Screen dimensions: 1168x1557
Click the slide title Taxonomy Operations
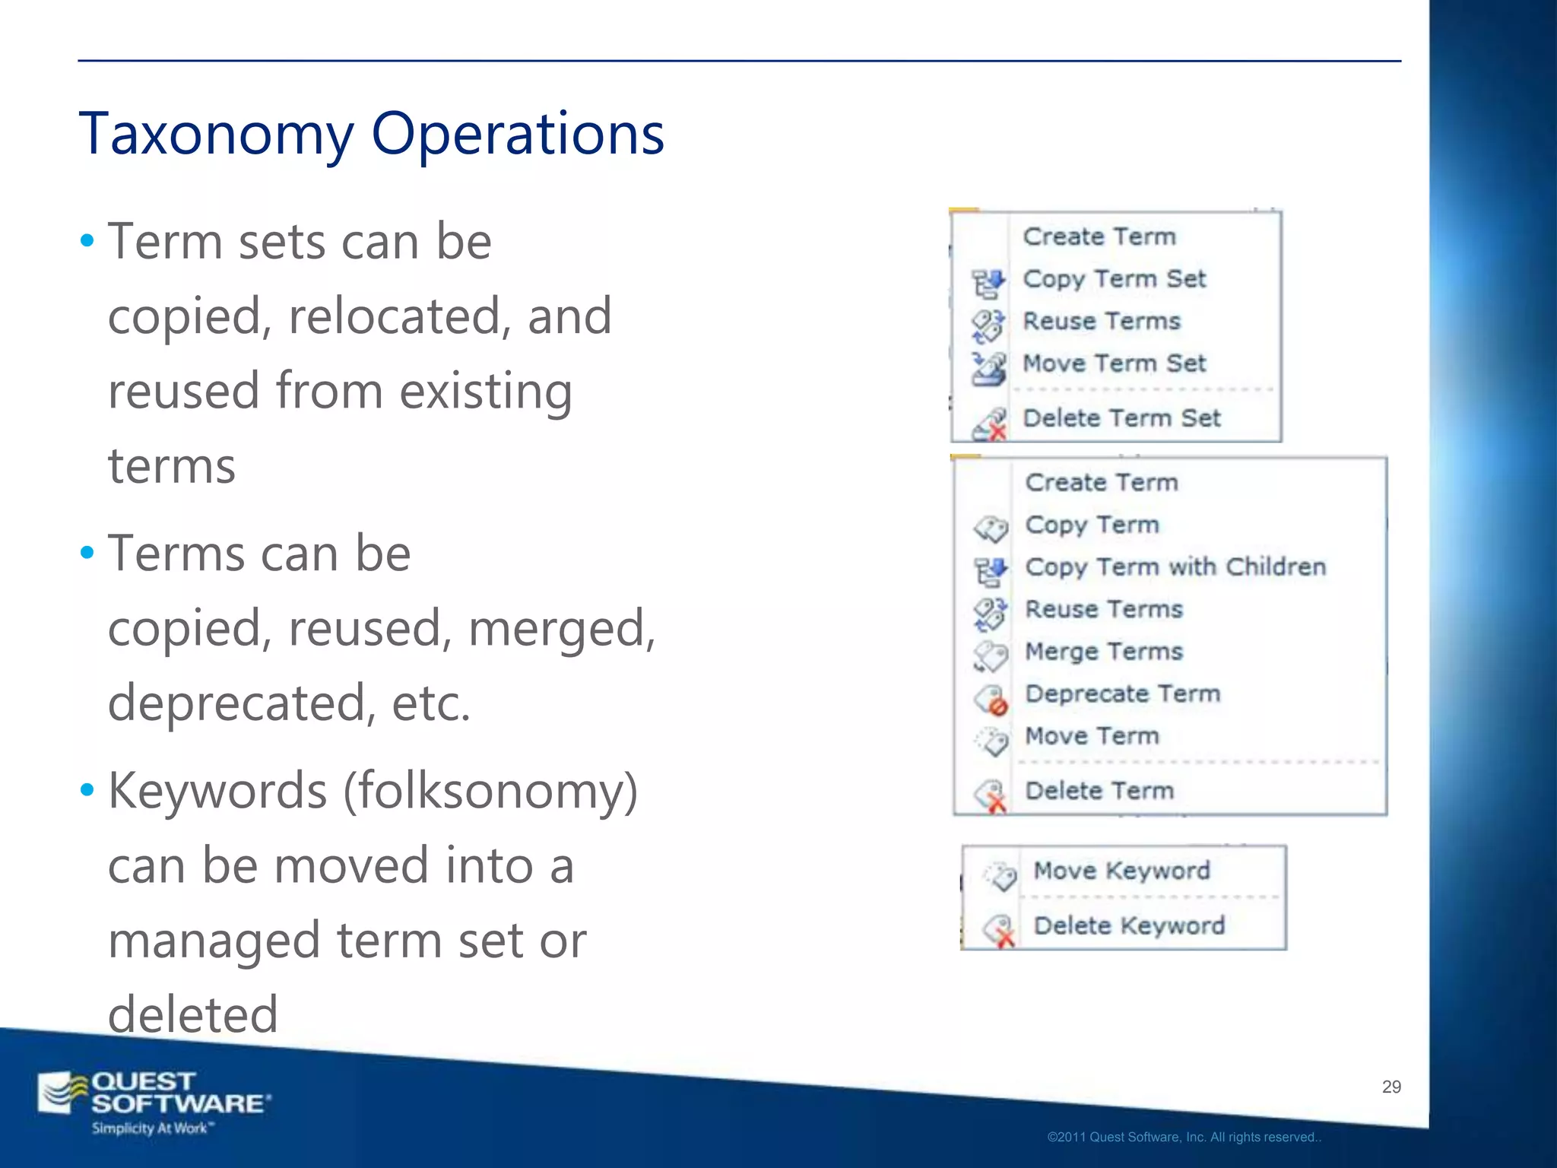(371, 134)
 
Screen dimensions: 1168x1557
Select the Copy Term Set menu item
(1114, 279)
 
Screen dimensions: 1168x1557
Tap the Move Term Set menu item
(1114, 363)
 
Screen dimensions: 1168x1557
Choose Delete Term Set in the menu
(1121, 418)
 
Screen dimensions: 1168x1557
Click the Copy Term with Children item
(1175, 567)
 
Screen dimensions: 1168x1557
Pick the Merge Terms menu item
(1104, 652)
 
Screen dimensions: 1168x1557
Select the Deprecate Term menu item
(1122, 693)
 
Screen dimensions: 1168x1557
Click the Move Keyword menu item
(1121, 871)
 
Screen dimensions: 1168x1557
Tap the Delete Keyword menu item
(1129, 925)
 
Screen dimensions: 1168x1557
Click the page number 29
(1391, 1087)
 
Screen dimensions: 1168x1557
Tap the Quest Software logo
(152, 1101)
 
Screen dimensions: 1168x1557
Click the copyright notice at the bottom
(1184, 1138)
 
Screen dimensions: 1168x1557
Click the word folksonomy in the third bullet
(490, 791)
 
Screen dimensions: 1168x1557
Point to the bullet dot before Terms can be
(87, 553)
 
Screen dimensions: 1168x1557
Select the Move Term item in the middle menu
(1092, 736)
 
